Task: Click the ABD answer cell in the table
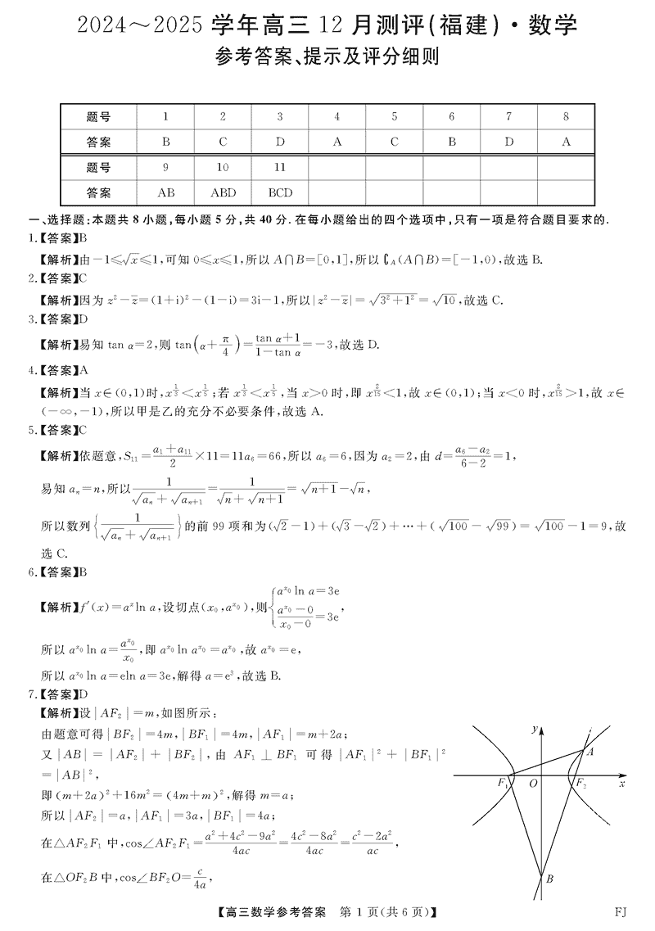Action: pyautogui.click(x=223, y=193)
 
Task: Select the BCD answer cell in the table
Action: pyautogui.click(x=280, y=193)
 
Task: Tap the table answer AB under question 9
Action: pyautogui.click(x=165, y=193)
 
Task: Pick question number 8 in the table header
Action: pyautogui.click(x=565, y=117)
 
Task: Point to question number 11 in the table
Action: pyautogui.click(x=280, y=168)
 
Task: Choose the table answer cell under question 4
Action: pyautogui.click(x=337, y=142)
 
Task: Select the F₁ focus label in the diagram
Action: pyautogui.click(x=502, y=784)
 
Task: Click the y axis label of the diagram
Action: pyautogui.click(x=534, y=728)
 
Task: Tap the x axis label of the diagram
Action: pyautogui.click(x=622, y=784)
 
